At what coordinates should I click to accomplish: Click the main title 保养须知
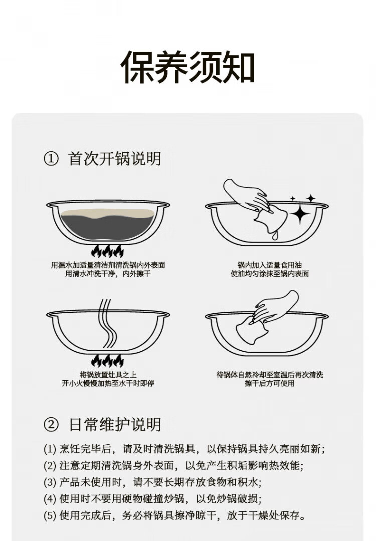pyautogui.click(x=187, y=67)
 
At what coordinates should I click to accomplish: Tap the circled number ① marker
pyautogui.click(x=51, y=159)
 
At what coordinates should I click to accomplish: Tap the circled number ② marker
pyautogui.click(x=51, y=425)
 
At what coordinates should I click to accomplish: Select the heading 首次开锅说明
pyautogui.click(x=115, y=159)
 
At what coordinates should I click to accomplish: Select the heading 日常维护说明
pyautogui.click(x=115, y=425)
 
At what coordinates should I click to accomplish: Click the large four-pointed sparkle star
pyautogui.click(x=300, y=214)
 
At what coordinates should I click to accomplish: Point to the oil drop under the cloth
pyautogui.click(x=274, y=236)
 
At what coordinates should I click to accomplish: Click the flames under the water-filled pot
pyautogui.click(x=107, y=251)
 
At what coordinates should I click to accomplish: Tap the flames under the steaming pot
pyautogui.click(x=107, y=361)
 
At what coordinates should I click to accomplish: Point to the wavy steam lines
pyautogui.click(x=108, y=324)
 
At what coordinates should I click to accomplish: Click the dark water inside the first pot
pyautogui.click(x=108, y=227)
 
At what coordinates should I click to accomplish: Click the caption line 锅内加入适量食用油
pyautogui.click(x=270, y=265)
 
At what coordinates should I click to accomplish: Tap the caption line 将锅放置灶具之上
pyautogui.click(x=108, y=375)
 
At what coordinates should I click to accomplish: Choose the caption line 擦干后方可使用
pyautogui.click(x=270, y=383)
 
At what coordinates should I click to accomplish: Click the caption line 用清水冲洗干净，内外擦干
pyautogui.click(x=108, y=274)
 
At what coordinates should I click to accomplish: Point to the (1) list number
pyautogui.click(x=50, y=449)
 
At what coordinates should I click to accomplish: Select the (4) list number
pyautogui.click(x=50, y=499)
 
